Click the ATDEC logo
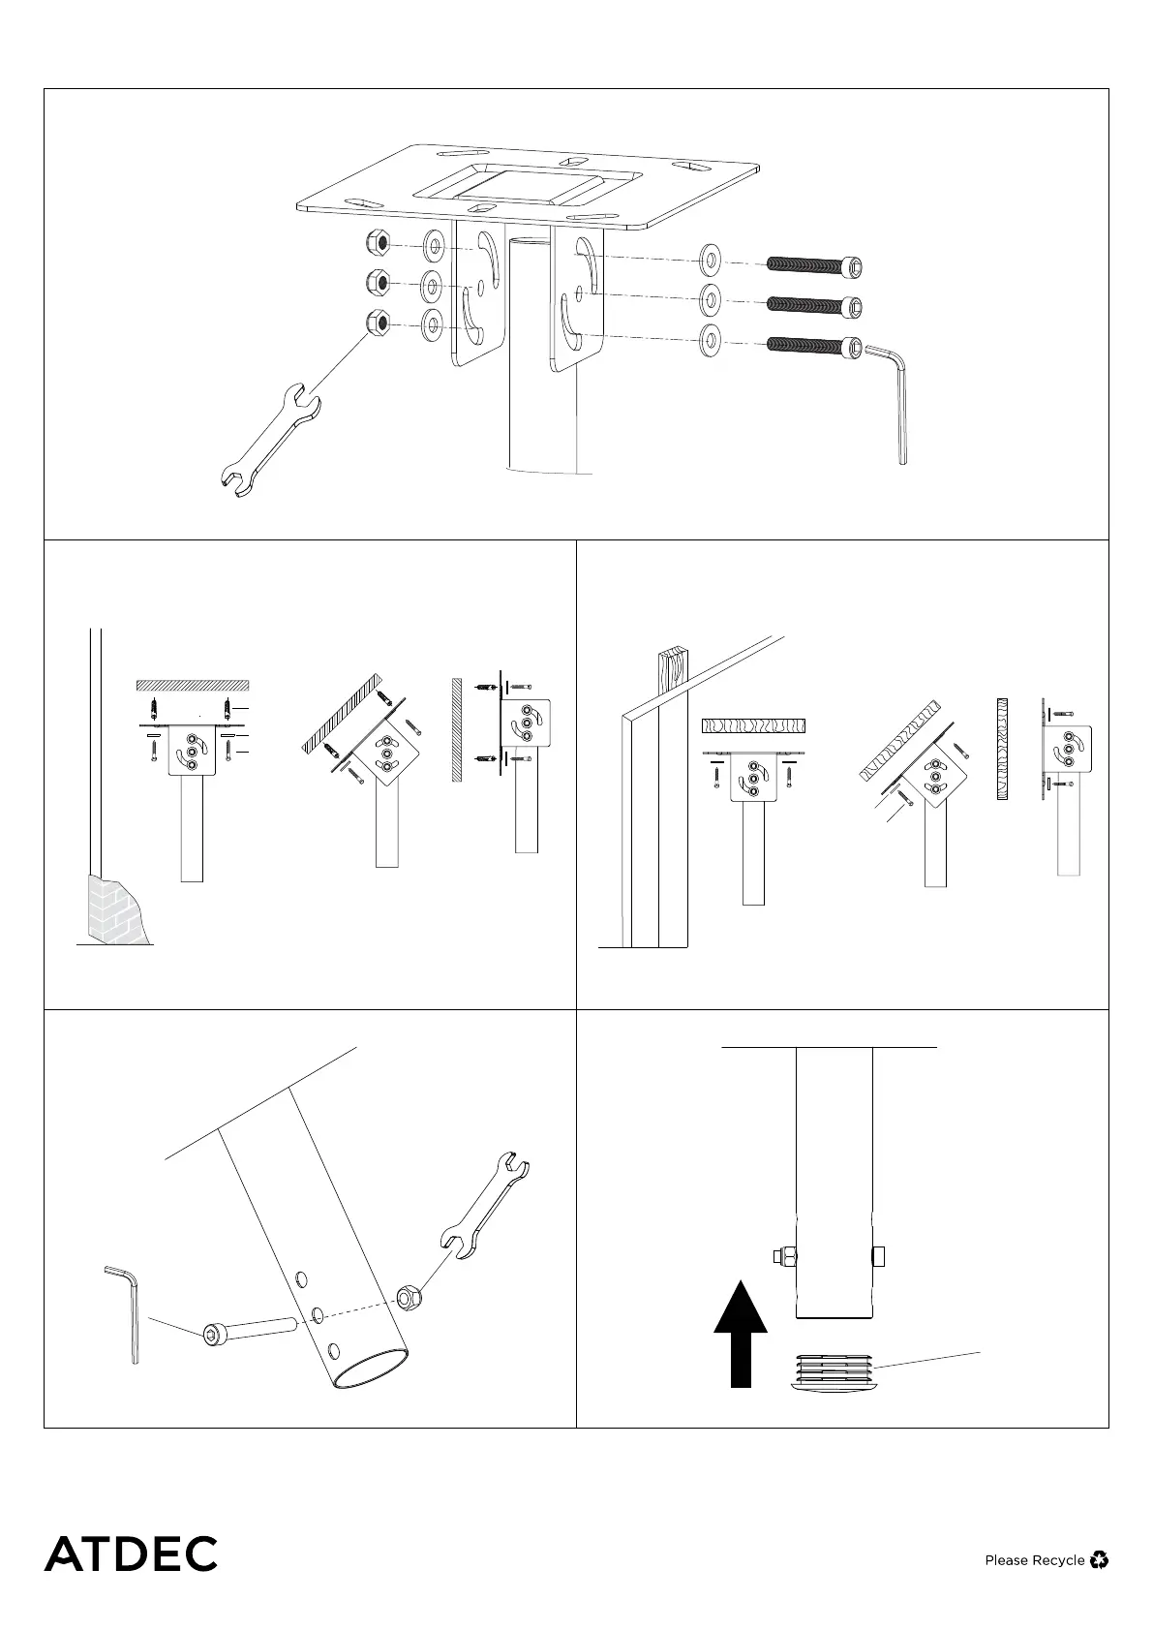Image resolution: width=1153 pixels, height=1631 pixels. [x=131, y=1553]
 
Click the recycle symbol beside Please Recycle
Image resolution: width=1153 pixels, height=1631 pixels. [x=1099, y=1559]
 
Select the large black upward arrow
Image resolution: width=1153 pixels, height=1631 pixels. [x=741, y=1333]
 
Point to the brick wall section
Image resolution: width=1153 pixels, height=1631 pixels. [x=115, y=908]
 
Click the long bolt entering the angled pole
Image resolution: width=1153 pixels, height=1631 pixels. [x=246, y=1332]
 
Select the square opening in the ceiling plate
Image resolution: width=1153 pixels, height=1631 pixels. [x=526, y=189]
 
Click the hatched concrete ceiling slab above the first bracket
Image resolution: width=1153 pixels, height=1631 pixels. [x=192, y=685]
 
